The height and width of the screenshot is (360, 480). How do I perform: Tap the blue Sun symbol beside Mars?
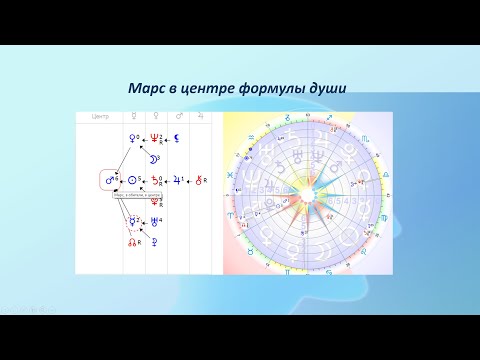(131, 181)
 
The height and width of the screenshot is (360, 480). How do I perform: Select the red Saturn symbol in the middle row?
(155, 181)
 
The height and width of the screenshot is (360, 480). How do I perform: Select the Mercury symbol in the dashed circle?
(131, 221)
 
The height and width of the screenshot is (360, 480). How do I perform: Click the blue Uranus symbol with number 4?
(154, 221)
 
